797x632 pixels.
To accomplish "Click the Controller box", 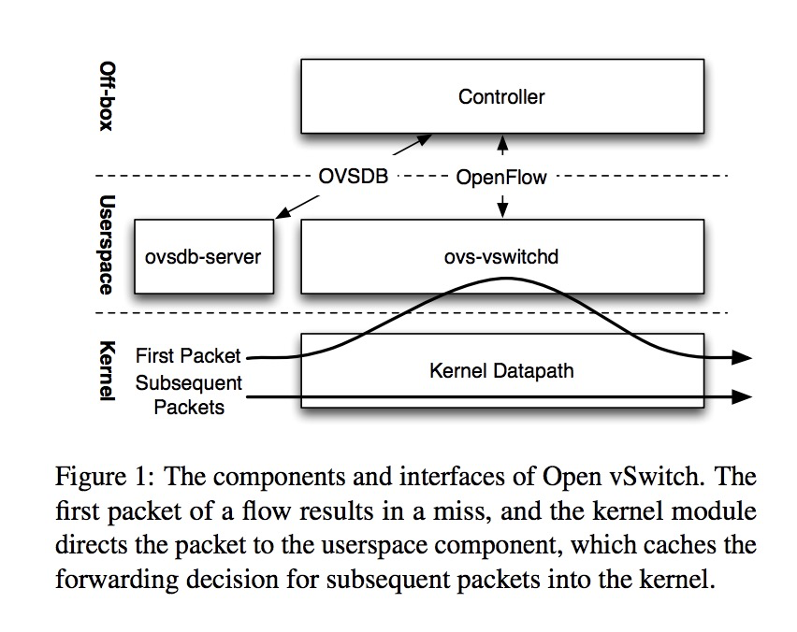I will [501, 96].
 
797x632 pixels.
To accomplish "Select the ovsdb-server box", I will [204, 256].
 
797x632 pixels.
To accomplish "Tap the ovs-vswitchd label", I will [501, 256].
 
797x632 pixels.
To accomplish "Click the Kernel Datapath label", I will [501, 371].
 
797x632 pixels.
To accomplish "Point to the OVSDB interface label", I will [352, 176].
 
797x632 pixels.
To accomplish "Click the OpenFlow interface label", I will [501, 176].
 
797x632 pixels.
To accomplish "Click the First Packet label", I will [188, 356].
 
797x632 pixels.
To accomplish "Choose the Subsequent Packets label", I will [188, 395].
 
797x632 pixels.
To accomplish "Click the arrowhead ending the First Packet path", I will [742, 357].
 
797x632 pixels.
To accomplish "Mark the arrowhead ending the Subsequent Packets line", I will [742, 396].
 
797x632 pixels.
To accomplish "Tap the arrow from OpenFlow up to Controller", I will [502, 148].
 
